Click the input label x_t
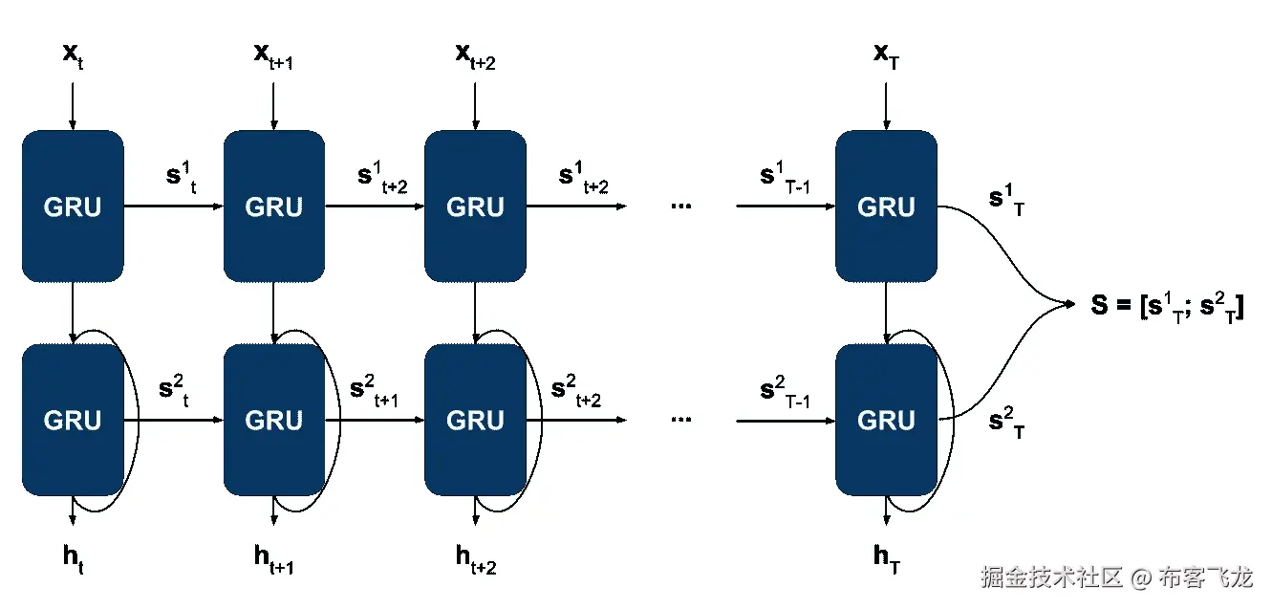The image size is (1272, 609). click(x=73, y=55)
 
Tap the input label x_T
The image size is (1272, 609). click(x=886, y=55)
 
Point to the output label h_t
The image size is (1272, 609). click(x=74, y=555)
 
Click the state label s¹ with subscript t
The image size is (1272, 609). click(x=181, y=178)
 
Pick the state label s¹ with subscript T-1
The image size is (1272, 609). click(x=785, y=178)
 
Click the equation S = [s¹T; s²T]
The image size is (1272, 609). click(x=1168, y=306)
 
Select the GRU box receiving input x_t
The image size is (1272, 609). click(x=73, y=207)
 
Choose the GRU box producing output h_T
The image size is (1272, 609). click(x=886, y=420)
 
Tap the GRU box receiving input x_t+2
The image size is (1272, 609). click(x=475, y=207)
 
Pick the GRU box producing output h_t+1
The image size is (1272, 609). click(x=274, y=420)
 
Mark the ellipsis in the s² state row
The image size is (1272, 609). click(x=680, y=419)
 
